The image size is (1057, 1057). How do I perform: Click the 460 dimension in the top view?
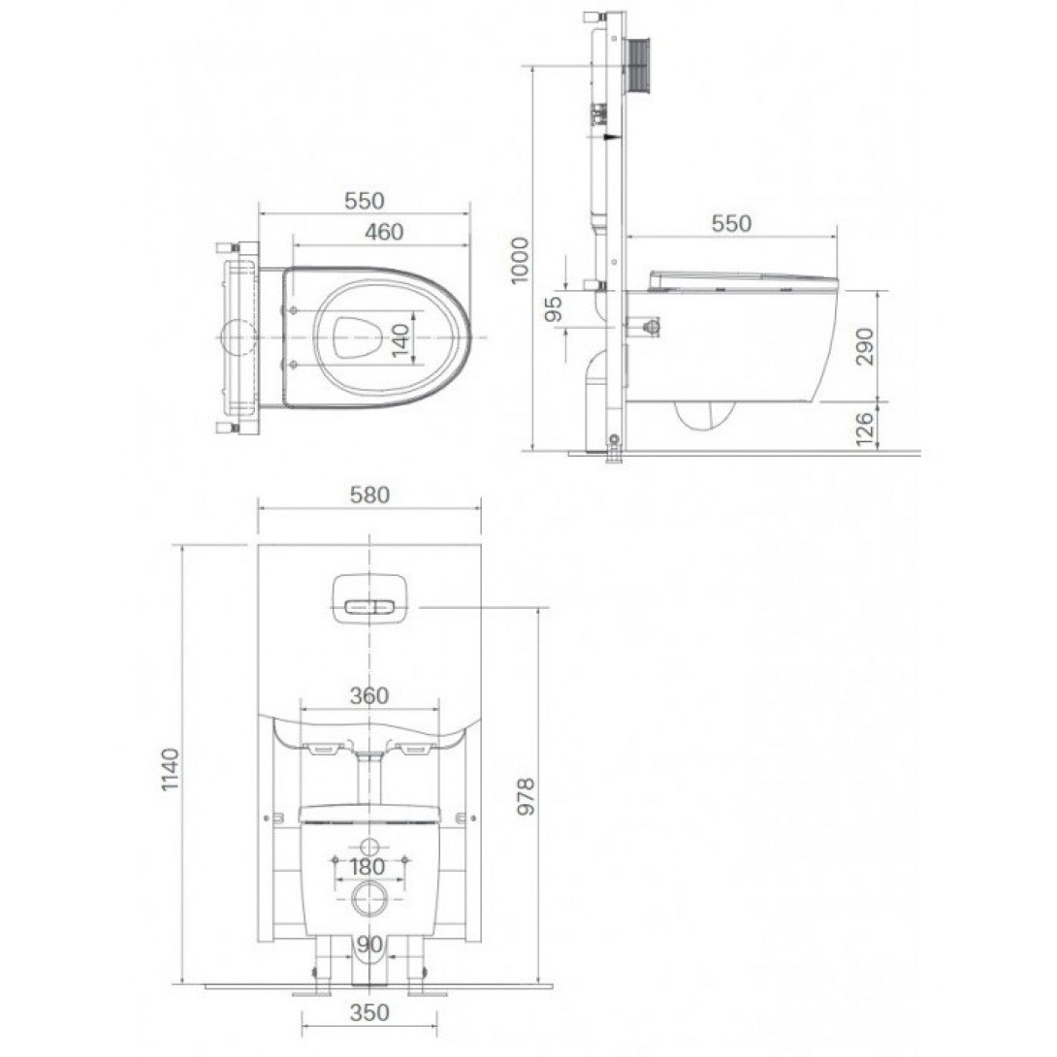pos(384,232)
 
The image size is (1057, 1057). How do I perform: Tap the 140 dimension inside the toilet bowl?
pos(400,341)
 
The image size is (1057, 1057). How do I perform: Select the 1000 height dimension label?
pos(520,260)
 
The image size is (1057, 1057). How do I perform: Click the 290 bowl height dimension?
pos(864,346)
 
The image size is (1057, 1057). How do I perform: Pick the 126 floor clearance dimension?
pos(864,428)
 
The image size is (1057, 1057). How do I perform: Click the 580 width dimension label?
pos(369,495)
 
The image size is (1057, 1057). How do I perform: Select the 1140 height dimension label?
pos(171,769)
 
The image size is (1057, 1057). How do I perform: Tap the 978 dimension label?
pos(526,796)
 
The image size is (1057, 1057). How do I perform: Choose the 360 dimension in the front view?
pos(369,695)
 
